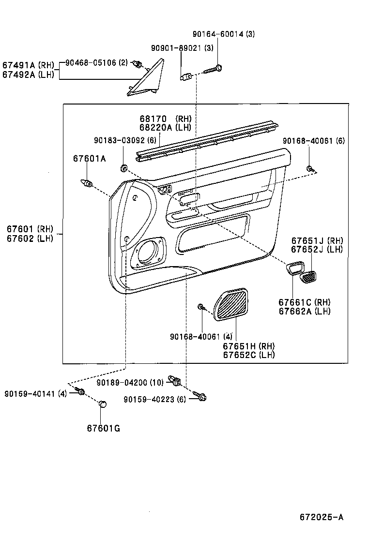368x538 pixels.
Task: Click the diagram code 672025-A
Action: [x=322, y=517]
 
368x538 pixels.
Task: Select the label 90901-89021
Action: [x=176, y=48]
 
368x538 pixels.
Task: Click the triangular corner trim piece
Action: [x=148, y=78]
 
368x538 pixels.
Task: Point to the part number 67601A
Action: [x=90, y=158]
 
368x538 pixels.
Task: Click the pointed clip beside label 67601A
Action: [x=86, y=183]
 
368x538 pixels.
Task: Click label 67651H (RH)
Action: [x=248, y=346]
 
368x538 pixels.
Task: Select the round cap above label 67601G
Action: [x=102, y=404]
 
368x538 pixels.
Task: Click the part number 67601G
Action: [x=104, y=428]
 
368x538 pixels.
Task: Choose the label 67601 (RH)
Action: [x=30, y=229]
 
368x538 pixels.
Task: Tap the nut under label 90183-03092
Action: [x=123, y=168]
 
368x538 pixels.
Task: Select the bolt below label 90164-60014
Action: [x=214, y=69]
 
